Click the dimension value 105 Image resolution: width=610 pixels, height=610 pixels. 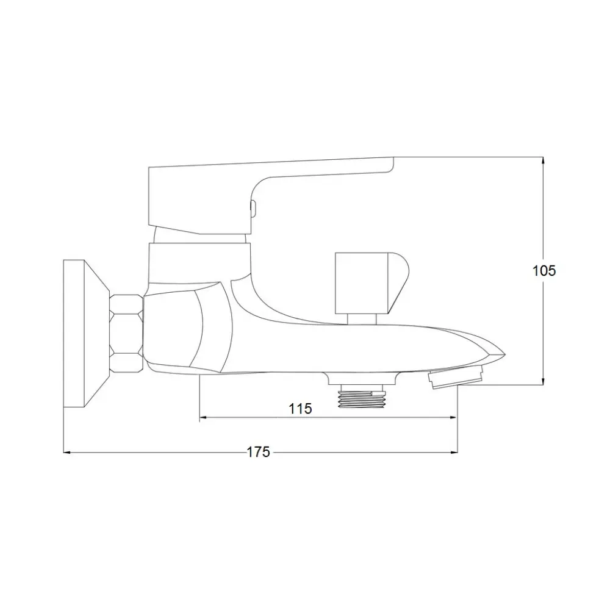point(544,271)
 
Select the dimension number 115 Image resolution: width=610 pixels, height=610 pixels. point(300,409)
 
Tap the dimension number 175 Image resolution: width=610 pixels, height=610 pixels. point(258,452)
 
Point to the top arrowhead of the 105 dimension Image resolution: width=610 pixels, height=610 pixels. point(543,160)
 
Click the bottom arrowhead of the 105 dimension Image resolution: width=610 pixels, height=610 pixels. point(543,381)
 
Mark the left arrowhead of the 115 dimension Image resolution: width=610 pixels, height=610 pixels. point(203,417)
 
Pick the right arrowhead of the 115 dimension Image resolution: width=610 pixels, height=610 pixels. point(453,417)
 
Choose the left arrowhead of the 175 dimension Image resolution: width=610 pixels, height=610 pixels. point(67,452)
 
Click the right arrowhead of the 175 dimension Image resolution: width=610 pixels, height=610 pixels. point(453,452)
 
